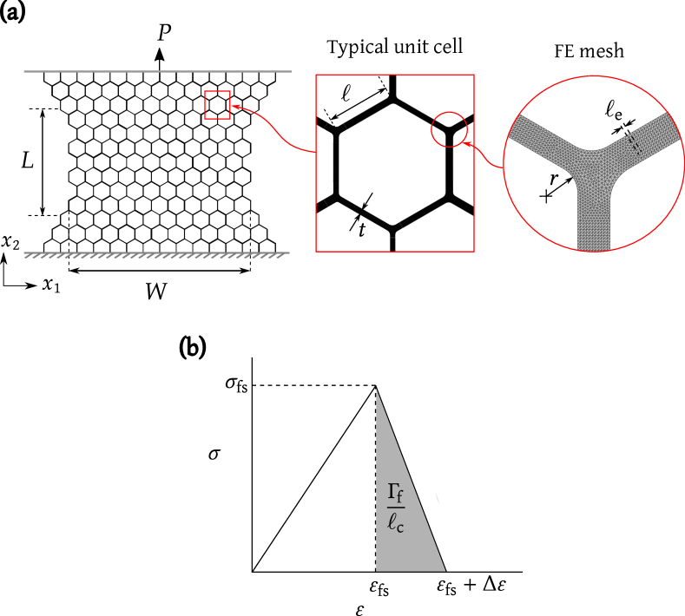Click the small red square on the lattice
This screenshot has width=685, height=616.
pos(217,105)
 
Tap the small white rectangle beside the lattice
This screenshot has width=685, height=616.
pos(37,239)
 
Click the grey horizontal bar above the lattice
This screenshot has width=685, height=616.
pos(157,71)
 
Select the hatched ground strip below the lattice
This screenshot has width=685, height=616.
pos(157,255)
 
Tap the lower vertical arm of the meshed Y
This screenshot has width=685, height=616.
pos(594,222)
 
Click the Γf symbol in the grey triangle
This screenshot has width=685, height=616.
pos(395,493)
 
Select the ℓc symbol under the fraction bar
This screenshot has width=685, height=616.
pos(395,523)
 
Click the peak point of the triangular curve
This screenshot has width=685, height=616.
pos(375,385)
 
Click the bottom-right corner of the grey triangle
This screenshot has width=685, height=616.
pos(445,570)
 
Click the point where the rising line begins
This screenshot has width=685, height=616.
pos(255,570)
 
